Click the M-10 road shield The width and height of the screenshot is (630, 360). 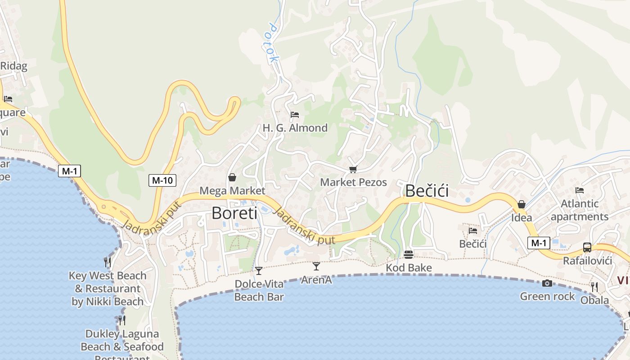coord(162,180)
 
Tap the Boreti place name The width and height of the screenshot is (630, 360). coord(234,213)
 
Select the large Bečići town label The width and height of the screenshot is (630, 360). coord(427,191)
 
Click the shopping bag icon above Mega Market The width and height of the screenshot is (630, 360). coord(232,177)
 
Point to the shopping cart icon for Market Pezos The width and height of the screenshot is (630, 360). coord(353,169)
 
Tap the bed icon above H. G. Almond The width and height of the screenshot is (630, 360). coord(295,115)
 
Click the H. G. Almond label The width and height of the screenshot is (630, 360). coord(295,128)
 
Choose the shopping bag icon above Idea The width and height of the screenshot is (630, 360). coord(522,204)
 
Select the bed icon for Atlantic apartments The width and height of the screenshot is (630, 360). coord(580,190)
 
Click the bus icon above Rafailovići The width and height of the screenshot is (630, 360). coord(587,247)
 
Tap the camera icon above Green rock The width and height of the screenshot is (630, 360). coord(547,283)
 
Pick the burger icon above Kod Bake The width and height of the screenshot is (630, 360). coord(409,255)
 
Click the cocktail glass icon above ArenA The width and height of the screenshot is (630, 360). coord(316,266)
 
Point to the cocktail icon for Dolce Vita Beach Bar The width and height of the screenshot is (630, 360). coord(259,270)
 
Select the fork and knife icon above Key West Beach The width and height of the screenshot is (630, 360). coord(107,262)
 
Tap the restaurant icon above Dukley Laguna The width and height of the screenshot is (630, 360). coord(121,320)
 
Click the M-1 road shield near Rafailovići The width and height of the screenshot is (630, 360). coord(539,243)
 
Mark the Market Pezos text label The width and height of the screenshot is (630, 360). coord(353,182)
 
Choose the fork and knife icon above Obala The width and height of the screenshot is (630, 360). coord(594,287)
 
